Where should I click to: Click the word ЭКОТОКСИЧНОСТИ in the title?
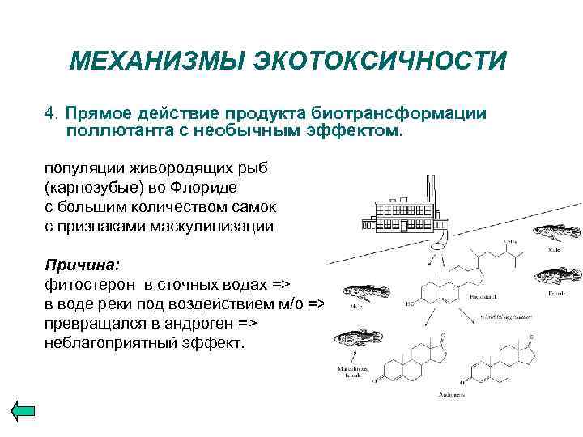point(380,61)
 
